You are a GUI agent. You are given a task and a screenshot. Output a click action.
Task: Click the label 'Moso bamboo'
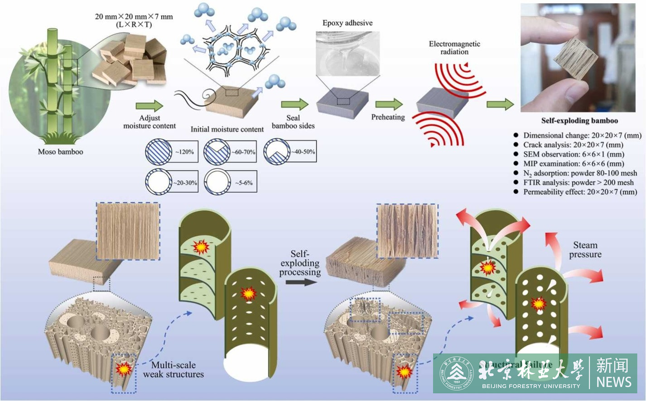(x=60, y=152)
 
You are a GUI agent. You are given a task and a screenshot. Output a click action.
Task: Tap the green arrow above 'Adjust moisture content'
(x=149, y=106)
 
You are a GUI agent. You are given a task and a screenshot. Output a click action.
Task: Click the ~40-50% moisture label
(x=302, y=152)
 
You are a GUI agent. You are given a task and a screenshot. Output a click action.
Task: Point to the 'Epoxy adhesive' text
(x=347, y=23)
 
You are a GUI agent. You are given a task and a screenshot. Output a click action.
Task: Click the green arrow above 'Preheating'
(x=389, y=104)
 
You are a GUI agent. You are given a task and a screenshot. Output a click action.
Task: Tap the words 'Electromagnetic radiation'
(x=454, y=48)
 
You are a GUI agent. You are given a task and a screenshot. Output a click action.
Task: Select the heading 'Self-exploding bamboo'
(x=579, y=121)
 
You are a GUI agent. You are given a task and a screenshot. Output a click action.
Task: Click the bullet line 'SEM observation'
(x=574, y=154)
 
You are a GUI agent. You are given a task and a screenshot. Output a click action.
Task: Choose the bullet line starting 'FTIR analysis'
(x=578, y=182)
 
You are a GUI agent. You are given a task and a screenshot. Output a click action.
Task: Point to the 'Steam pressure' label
(x=585, y=249)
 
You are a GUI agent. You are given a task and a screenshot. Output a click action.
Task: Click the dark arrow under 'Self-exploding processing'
(x=303, y=282)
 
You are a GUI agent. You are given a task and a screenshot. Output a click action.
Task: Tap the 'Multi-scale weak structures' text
(x=173, y=369)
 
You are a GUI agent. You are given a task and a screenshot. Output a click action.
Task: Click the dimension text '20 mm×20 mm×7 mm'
(x=134, y=17)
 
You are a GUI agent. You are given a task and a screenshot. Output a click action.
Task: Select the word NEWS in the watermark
(x=613, y=382)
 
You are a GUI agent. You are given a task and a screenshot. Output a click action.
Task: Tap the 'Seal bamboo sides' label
(x=293, y=122)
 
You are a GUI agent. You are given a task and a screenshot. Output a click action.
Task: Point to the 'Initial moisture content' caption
(x=227, y=129)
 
